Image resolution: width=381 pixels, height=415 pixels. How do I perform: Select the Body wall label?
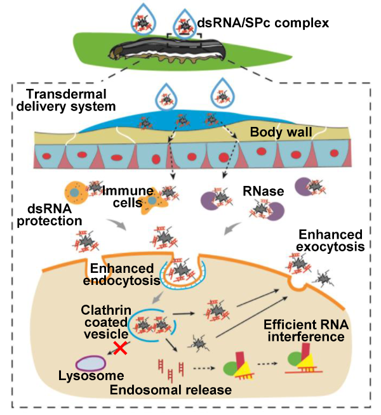[x=280, y=134]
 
